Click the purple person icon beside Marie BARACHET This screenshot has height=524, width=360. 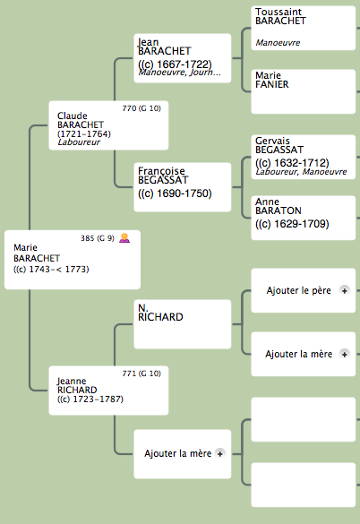[124, 238]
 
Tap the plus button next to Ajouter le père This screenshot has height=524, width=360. [344, 290]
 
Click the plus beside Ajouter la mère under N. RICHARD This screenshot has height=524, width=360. [344, 354]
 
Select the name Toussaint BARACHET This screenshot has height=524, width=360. [280, 16]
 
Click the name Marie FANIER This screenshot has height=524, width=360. [271, 80]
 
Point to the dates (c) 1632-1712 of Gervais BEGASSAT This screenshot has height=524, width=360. [292, 163]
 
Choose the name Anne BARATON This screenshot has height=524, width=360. [279, 206]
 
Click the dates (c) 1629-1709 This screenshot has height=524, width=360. [292, 224]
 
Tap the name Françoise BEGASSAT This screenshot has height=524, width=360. [163, 176]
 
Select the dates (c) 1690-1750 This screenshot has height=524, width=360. [175, 193]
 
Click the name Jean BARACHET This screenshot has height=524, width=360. [165, 47]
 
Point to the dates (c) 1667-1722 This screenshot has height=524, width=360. [175, 64]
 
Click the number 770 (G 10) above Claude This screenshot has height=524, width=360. [141, 108]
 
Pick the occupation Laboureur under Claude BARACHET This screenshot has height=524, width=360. [79, 142]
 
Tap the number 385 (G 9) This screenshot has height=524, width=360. [98, 238]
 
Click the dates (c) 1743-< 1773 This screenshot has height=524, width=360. [51, 269]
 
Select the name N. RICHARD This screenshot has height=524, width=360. [160, 313]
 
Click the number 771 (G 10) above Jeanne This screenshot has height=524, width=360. [141, 374]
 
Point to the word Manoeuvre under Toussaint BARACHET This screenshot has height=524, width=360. [278, 43]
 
